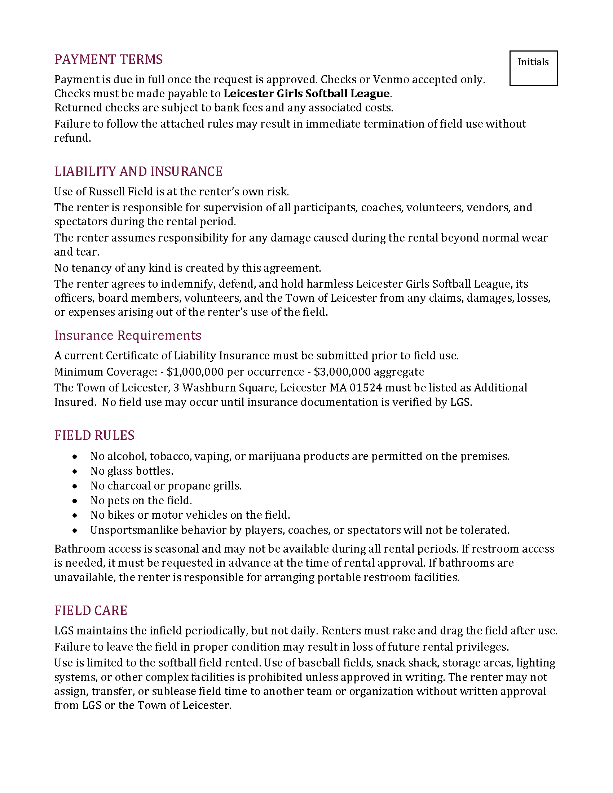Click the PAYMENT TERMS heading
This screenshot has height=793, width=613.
tap(109, 59)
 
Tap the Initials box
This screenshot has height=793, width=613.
tap(533, 68)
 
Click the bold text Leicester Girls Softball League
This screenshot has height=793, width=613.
tap(306, 94)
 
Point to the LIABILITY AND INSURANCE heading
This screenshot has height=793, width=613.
tap(138, 171)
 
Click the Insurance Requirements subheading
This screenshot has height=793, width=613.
tap(128, 336)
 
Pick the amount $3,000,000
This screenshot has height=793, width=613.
tap(342, 372)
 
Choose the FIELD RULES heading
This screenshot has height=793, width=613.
tap(94, 435)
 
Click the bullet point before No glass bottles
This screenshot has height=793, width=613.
tap(75, 471)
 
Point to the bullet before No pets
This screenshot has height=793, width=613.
tap(75, 501)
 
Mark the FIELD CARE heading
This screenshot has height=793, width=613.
tap(91, 611)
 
